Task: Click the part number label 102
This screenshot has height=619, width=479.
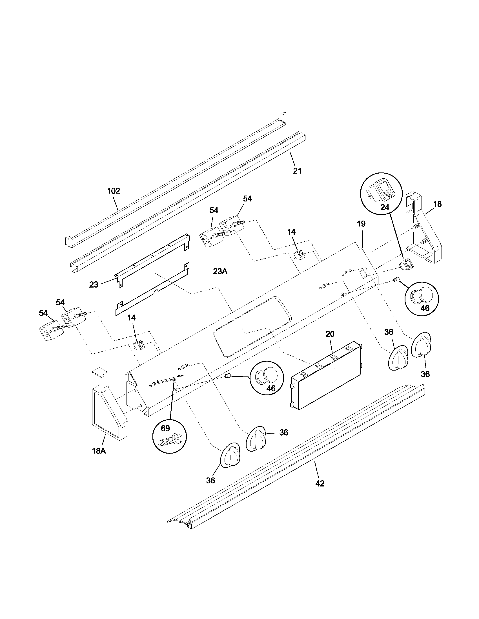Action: pyautogui.click(x=114, y=191)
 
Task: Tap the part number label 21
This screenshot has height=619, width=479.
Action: pyautogui.click(x=297, y=171)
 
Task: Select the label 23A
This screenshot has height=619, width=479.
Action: pyautogui.click(x=220, y=271)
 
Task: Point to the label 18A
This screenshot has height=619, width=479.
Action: pyautogui.click(x=99, y=459)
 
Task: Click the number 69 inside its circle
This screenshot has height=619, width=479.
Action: pyautogui.click(x=165, y=428)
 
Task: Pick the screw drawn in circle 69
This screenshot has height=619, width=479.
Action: pyautogui.click(x=169, y=441)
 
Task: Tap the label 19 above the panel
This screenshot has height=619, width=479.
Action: pyautogui.click(x=361, y=224)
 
